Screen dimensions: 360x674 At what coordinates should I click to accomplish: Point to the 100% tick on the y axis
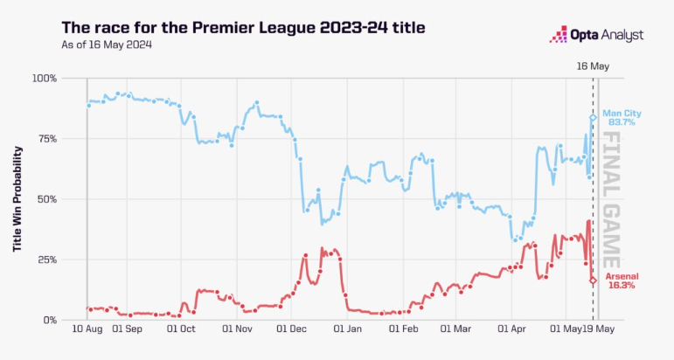click(x=44, y=79)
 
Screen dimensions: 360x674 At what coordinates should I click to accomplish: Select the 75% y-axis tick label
click(x=46, y=139)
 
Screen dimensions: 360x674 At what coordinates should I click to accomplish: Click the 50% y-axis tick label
click(x=46, y=199)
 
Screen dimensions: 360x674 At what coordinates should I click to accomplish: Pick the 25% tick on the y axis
click(x=46, y=260)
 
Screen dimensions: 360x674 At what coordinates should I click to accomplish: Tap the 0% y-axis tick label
click(x=49, y=320)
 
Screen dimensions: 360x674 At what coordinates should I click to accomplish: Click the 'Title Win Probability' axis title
click(x=17, y=199)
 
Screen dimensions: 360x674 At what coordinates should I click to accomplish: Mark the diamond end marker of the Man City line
click(x=593, y=118)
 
